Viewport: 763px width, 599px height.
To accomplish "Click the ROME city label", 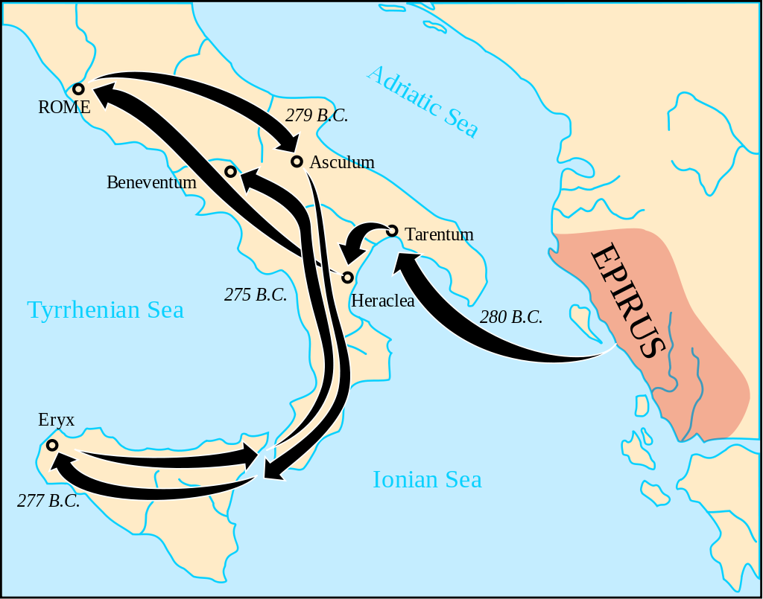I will [x=64, y=107].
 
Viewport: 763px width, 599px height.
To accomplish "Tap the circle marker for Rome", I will [x=78, y=89].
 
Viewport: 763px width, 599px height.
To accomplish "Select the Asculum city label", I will [x=342, y=162].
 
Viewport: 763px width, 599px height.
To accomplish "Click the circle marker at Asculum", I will [x=297, y=161].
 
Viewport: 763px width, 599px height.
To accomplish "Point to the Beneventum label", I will [x=151, y=182].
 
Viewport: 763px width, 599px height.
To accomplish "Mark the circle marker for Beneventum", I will [x=231, y=172].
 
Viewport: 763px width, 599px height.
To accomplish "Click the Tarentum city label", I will [x=440, y=234].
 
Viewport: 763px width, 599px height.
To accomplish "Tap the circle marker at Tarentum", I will [x=393, y=231].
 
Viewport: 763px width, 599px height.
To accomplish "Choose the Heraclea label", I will [x=382, y=301].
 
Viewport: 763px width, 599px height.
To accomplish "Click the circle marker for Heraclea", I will [x=347, y=278].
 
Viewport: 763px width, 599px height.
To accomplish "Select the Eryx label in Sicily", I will [x=57, y=420].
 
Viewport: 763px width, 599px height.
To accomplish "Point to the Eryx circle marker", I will [x=52, y=445].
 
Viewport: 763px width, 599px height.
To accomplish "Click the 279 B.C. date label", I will [x=317, y=116].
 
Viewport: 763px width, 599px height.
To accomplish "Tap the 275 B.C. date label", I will [x=256, y=295].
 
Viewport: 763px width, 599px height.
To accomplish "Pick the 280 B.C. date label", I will [x=511, y=317].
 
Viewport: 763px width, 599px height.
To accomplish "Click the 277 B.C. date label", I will [x=48, y=501].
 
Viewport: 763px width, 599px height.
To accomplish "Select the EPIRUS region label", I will [x=627, y=301].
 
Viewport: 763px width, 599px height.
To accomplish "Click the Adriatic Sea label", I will [x=422, y=101].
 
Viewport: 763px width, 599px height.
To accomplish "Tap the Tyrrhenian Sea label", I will [x=105, y=310].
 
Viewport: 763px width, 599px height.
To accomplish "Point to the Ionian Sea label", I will [x=427, y=479].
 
